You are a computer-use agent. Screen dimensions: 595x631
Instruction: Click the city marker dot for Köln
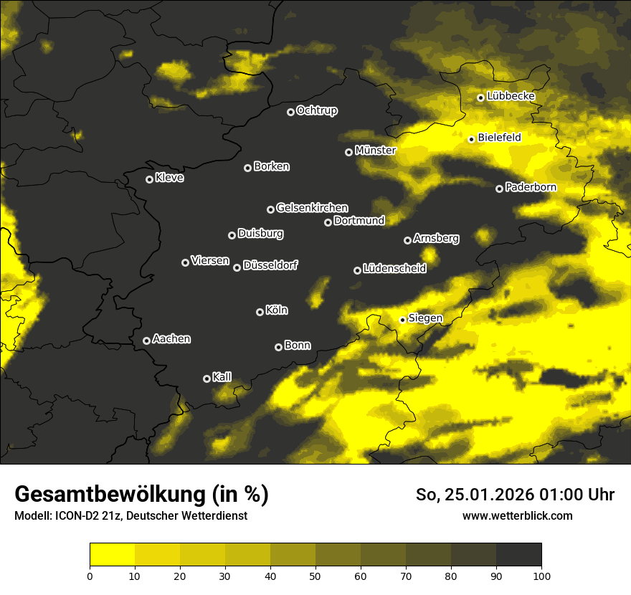pyautogui.click(x=260, y=312)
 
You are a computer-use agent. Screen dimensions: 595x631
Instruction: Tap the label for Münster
pyautogui.click(x=375, y=151)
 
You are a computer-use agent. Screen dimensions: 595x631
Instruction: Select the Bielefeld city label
pyautogui.click(x=499, y=137)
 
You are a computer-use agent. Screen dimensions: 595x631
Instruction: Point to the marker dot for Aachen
pyautogui.click(x=146, y=341)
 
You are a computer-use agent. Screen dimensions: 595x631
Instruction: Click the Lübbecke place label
pyautogui.click(x=511, y=96)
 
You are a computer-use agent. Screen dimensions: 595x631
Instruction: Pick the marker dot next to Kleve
pyautogui.click(x=149, y=179)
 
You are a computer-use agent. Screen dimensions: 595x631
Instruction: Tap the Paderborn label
pyautogui.click(x=531, y=187)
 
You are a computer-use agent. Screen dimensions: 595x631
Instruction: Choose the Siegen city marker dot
pyautogui.click(x=402, y=320)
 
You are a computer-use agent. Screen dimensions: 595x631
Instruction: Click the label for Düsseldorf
pyautogui.click(x=270, y=265)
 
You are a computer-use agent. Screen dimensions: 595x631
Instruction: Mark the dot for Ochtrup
pyautogui.click(x=290, y=112)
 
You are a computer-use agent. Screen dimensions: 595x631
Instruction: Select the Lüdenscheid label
pyautogui.click(x=394, y=268)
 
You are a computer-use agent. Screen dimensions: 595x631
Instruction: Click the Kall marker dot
pyautogui.click(x=207, y=379)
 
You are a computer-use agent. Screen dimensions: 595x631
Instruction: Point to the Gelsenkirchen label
pyautogui.click(x=312, y=208)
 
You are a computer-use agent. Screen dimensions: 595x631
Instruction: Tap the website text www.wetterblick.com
pyautogui.click(x=517, y=515)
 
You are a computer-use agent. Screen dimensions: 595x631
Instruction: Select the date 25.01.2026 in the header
pyautogui.click(x=490, y=495)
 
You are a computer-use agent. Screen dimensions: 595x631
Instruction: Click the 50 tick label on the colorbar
pyautogui.click(x=315, y=575)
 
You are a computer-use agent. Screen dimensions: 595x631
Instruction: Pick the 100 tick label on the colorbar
pyautogui.click(x=541, y=575)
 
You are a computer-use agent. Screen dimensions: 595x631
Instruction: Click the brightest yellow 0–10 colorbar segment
pyautogui.click(x=112, y=555)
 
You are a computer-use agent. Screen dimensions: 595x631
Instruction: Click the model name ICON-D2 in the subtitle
pyautogui.click(x=73, y=516)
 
